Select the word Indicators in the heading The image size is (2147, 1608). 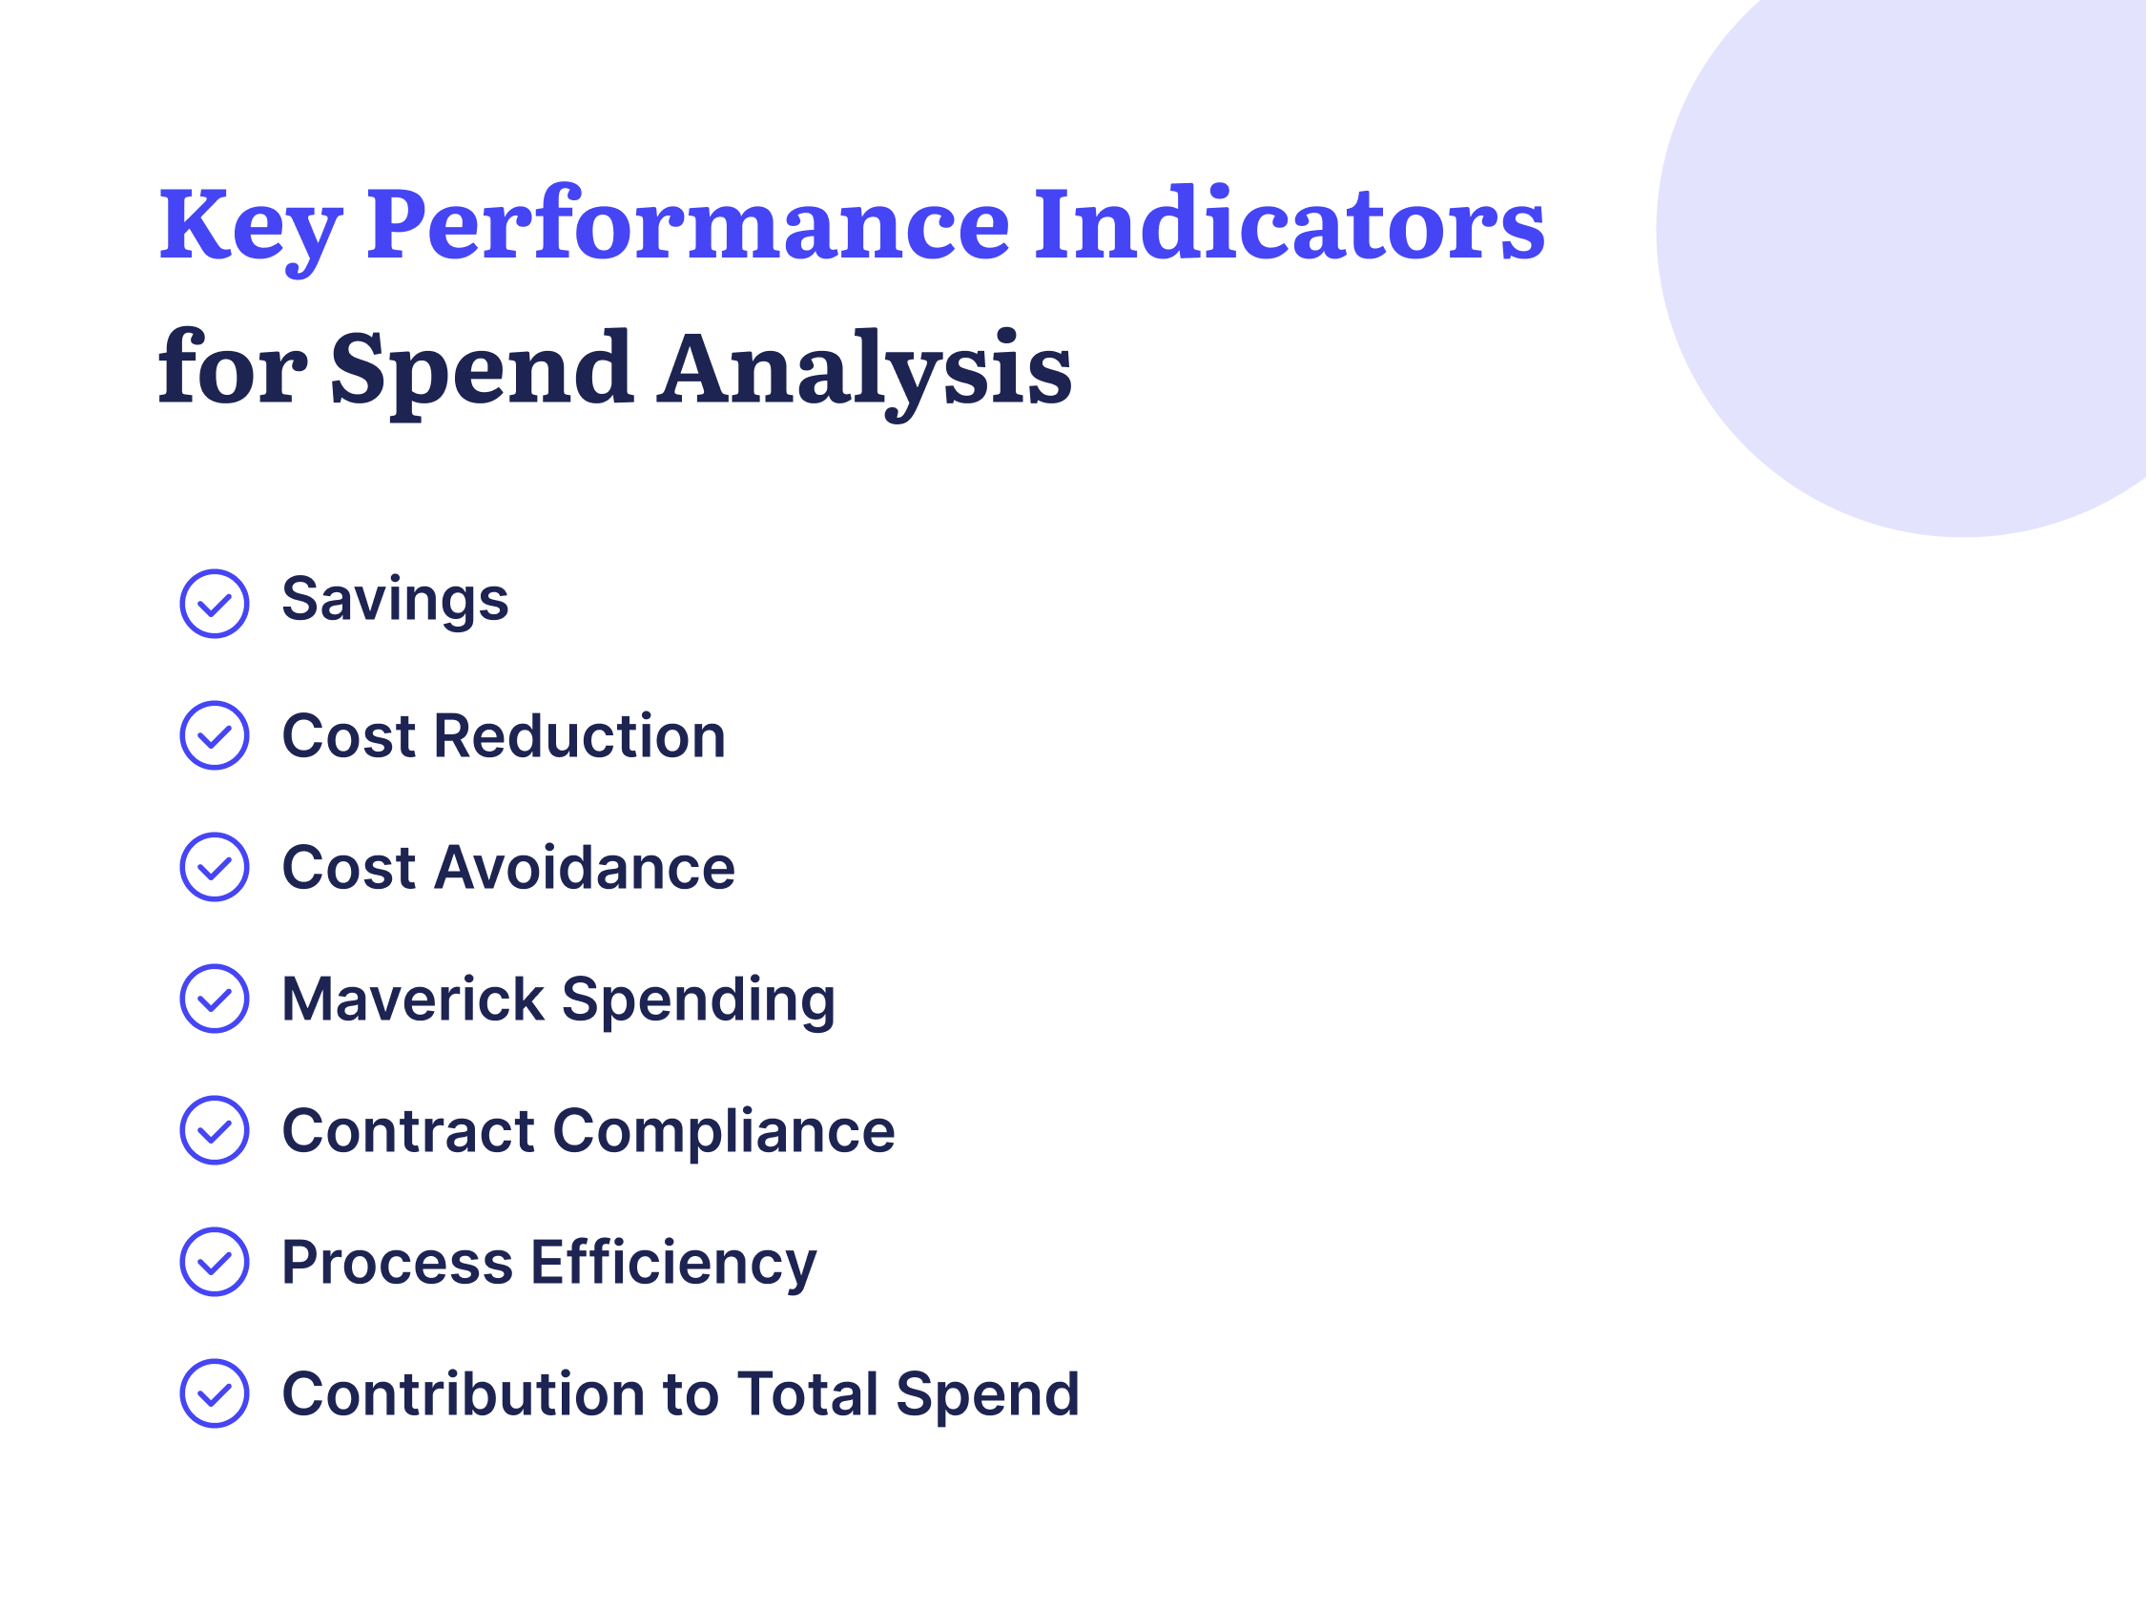tap(1289, 225)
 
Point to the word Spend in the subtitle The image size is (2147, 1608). tap(482, 371)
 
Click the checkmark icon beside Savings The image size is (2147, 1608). tap(215, 604)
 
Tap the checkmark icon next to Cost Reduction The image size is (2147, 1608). tap(215, 735)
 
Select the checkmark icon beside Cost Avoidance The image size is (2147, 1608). tap(215, 867)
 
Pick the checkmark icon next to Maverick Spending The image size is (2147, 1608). tap(215, 999)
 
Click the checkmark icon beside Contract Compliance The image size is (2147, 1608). tap(215, 1130)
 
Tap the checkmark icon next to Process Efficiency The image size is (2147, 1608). tap(215, 1262)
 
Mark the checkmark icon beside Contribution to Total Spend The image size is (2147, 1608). tap(215, 1393)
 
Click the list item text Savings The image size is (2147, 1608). tap(395, 600)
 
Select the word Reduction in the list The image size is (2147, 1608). tap(580, 735)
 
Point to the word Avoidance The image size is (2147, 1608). tap(585, 868)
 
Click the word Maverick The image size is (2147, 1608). tap(412, 1000)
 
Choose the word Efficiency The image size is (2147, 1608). tap(673, 1264)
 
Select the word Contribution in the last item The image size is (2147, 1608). tap(463, 1394)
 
